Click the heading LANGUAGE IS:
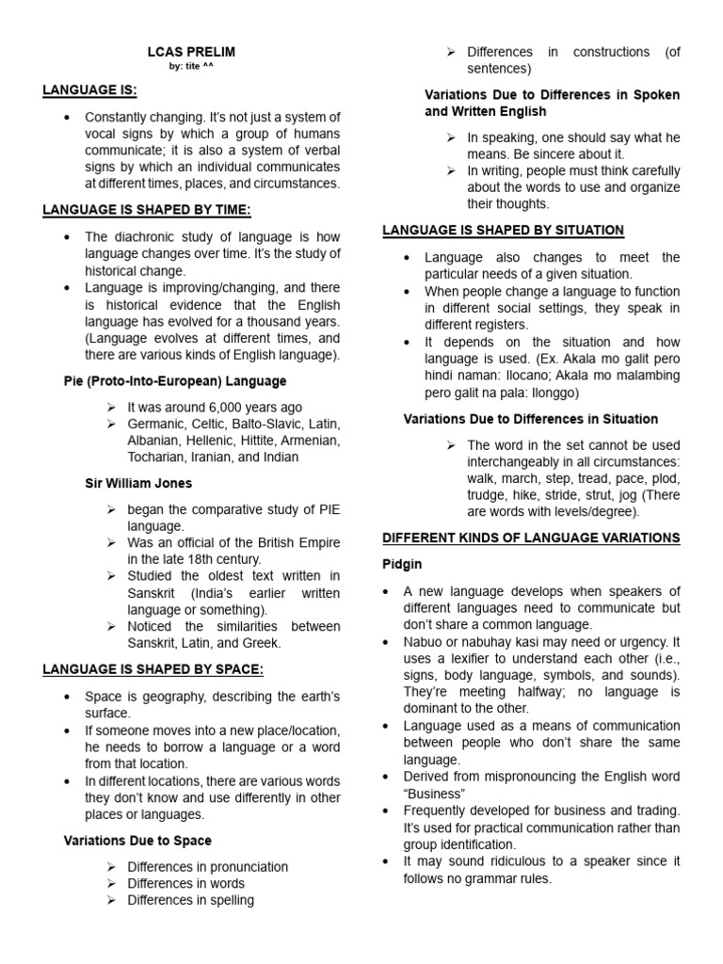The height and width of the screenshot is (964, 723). tap(89, 90)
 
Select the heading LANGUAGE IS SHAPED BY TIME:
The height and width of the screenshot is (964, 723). tap(147, 210)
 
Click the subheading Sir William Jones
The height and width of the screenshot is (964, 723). tap(138, 483)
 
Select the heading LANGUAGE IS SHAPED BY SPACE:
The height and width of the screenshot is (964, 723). tap(153, 669)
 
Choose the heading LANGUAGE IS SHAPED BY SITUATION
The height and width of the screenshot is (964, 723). tap(503, 231)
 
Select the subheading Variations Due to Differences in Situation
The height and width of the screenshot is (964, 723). tap(531, 419)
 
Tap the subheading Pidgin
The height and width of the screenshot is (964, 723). tap(402, 564)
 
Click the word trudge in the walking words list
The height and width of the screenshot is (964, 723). tap(490, 495)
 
